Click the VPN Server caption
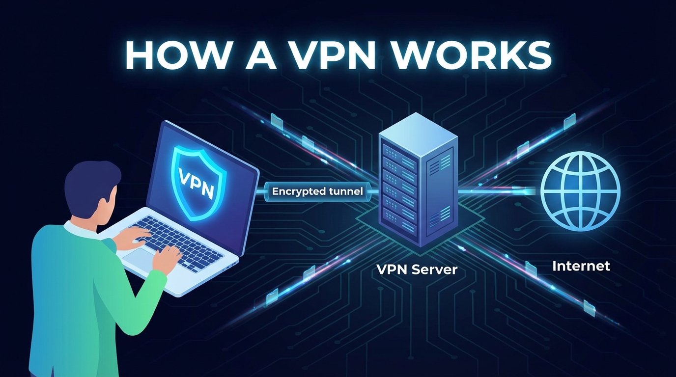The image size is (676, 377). [417, 269]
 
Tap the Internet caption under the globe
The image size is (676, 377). [581, 266]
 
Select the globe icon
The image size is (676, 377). [580, 191]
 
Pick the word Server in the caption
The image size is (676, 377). [436, 269]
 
